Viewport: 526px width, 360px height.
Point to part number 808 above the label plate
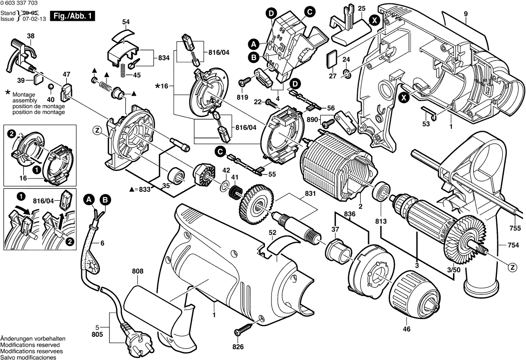point(138,271)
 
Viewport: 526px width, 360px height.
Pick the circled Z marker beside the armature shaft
point(513,267)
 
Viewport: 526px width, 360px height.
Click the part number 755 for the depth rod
point(515,228)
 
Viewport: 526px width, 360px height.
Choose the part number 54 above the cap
point(126,22)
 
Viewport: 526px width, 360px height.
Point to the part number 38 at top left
point(31,36)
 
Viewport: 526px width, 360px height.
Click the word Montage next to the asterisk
point(22,94)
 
